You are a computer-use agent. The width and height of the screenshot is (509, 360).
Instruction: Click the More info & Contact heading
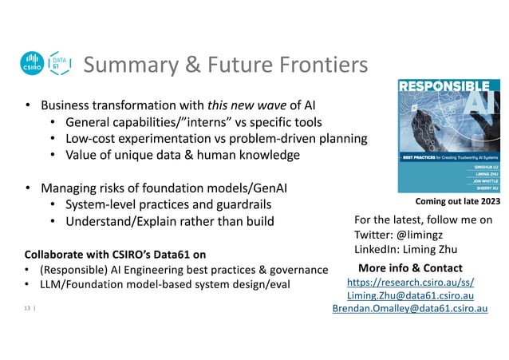point(410,267)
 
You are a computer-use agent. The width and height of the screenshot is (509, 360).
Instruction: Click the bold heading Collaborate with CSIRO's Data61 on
point(114,255)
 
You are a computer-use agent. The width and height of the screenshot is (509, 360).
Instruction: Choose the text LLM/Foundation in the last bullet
point(84,285)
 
